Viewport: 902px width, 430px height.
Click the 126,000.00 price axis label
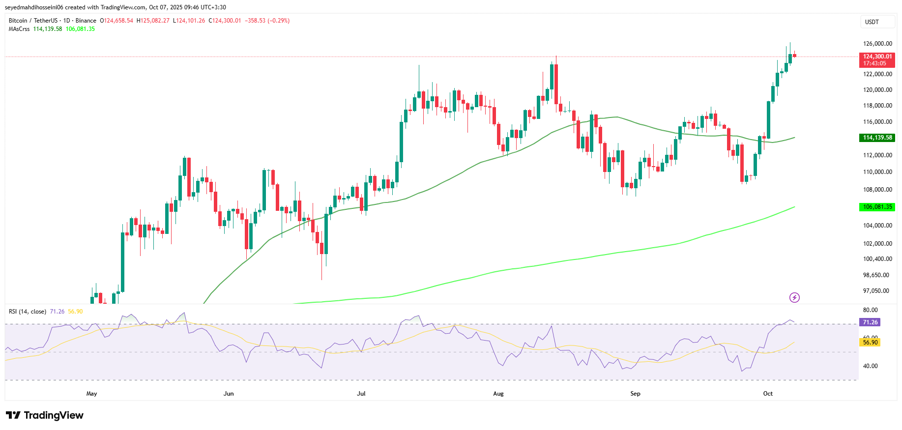(x=877, y=44)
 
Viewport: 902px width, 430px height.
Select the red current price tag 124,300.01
(x=877, y=60)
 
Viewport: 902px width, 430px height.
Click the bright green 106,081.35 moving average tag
(x=877, y=207)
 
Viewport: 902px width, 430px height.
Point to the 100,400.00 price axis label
(x=877, y=259)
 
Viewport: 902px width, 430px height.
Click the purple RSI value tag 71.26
(x=870, y=322)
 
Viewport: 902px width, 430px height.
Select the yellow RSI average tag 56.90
(x=870, y=343)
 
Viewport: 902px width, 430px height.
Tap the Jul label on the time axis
(x=361, y=394)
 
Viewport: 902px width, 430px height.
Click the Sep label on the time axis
(x=635, y=394)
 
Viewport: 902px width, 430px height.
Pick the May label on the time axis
(x=91, y=394)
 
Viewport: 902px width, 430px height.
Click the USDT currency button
(x=872, y=22)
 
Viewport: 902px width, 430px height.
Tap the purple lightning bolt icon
(x=794, y=297)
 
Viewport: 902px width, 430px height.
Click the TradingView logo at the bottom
(x=45, y=415)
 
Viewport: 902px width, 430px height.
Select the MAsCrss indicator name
(x=19, y=29)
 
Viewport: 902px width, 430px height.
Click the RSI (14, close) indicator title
(x=28, y=312)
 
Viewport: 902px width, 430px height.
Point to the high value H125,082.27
(x=153, y=21)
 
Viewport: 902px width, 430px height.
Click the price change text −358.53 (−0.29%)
(x=267, y=21)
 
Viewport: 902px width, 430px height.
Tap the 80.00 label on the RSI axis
(x=870, y=310)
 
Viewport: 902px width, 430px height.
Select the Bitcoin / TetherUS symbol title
(x=33, y=21)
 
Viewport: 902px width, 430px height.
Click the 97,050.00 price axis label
(x=876, y=291)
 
